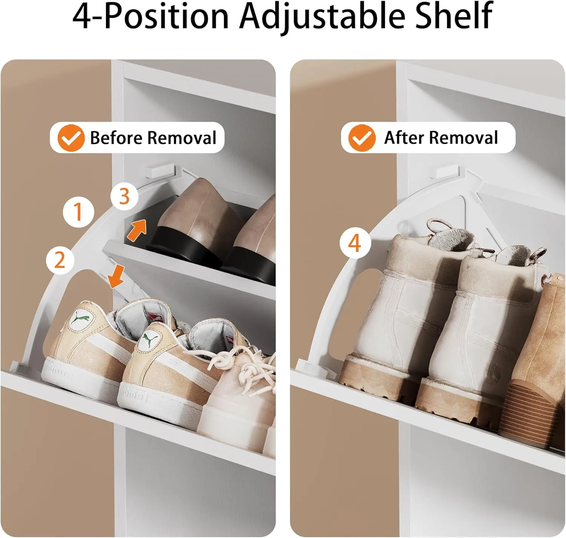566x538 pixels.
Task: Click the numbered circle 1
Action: (78, 211)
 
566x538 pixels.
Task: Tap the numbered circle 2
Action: (60, 260)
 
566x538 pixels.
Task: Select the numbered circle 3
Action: (124, 196)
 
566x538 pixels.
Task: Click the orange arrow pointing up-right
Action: (137, 230)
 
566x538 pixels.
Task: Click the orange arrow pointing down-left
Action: (116, 276)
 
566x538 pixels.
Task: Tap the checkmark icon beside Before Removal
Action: (71, 138)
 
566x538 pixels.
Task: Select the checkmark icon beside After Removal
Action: (361, 138)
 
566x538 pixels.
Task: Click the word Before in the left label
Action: (115, 138)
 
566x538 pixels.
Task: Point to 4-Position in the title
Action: (151, 17)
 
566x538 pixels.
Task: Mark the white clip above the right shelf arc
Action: (448, 172)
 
